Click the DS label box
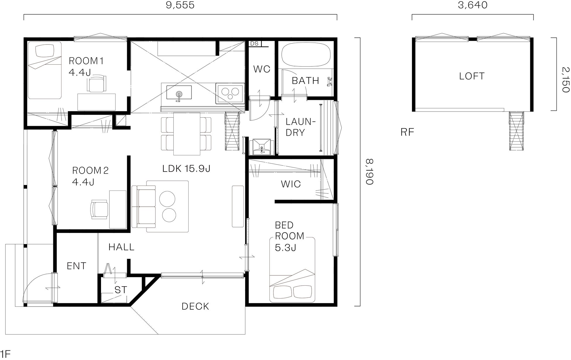(255, 44)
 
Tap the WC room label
(262, 69)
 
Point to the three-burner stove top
(230, 93)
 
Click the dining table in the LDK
(187, 134)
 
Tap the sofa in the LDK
(143, 206)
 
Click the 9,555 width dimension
(180, 5)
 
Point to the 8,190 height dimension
(370, 172)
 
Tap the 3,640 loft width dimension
(473, 5)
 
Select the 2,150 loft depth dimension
(566, 80)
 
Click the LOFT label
(472, 76)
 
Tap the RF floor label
(407, 132)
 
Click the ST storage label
(121, 290)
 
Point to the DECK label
(195, 306)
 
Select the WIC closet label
(291, 184)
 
